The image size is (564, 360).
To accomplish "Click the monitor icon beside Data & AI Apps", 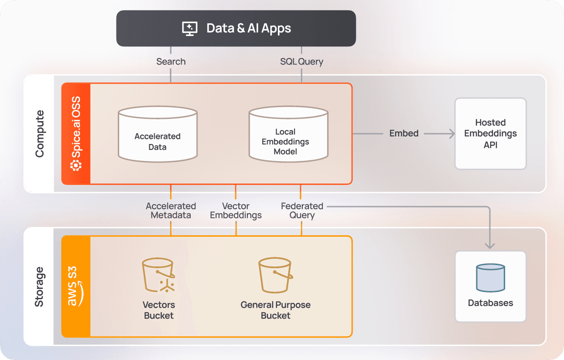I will pos(190,28).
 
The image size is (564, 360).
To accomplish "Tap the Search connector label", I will pos(171,62).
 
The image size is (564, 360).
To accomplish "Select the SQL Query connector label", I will pos(301,62).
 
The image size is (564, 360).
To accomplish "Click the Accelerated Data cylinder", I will pos(157,134).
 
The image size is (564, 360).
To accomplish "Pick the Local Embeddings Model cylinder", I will pos(288,134).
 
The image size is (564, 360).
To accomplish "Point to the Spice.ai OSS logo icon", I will pos(76,165).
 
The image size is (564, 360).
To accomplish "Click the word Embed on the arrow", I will pos(404,134).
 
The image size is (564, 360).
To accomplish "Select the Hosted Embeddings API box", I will pos(490,134).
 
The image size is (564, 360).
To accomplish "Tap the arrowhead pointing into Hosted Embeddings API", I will pos(451,134).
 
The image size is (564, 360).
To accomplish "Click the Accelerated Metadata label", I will pos(171,211).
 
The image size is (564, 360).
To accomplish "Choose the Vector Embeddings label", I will pos(236,211).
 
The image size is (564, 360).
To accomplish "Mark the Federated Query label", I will pos(302,211).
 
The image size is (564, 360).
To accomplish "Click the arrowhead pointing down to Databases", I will pos(490,245).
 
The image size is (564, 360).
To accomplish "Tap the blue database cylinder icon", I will pos(490,278).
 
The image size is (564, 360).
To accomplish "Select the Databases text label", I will pos(490,303).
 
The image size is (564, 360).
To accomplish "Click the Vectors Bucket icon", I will pos(158,275).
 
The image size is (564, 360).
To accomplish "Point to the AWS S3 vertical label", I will pos(75,286).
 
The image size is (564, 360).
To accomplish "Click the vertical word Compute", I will pos(40,134).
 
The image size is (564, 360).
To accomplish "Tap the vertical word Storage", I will pos(40,287).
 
